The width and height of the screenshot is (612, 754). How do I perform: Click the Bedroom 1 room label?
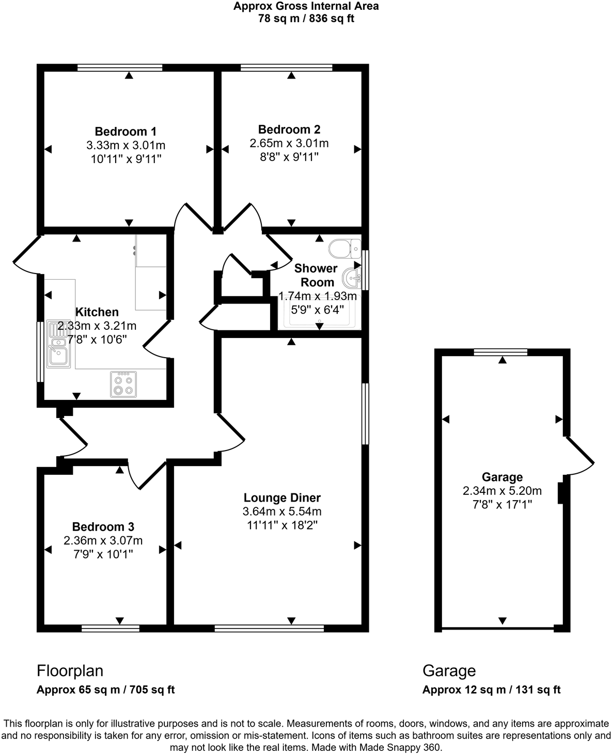click(x=125, y=132)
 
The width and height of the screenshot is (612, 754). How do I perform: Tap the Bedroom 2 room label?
click(x=289, y=130)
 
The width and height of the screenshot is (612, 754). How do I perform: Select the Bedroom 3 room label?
click(x=103, y=527)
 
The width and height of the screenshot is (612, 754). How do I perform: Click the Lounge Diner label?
click(x=282, y=498)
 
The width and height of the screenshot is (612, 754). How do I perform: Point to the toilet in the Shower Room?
click(x=345, y=248)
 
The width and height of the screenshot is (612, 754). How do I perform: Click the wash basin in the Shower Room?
click(x=353, y=278)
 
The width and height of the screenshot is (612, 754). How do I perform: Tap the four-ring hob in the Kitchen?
click(x=123, y=384)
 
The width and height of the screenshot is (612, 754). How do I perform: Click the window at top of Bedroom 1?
click(x=120, y=67)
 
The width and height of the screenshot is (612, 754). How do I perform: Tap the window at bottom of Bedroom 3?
click(x=111, y=628)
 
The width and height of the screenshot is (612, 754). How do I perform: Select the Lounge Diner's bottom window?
click(x=269, y=628)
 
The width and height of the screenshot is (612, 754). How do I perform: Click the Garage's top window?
click(x=500, y=352)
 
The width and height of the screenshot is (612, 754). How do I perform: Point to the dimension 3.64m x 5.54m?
click(x=282, y=512)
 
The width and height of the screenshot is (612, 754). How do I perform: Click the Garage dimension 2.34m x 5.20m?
click(x=502, y=491)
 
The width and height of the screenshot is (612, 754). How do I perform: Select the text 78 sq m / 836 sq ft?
click(x=306, y=19)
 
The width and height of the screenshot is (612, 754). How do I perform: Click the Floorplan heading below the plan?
click(x=70, y=671)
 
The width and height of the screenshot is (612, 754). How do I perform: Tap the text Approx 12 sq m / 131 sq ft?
click(x=491, y=690)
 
